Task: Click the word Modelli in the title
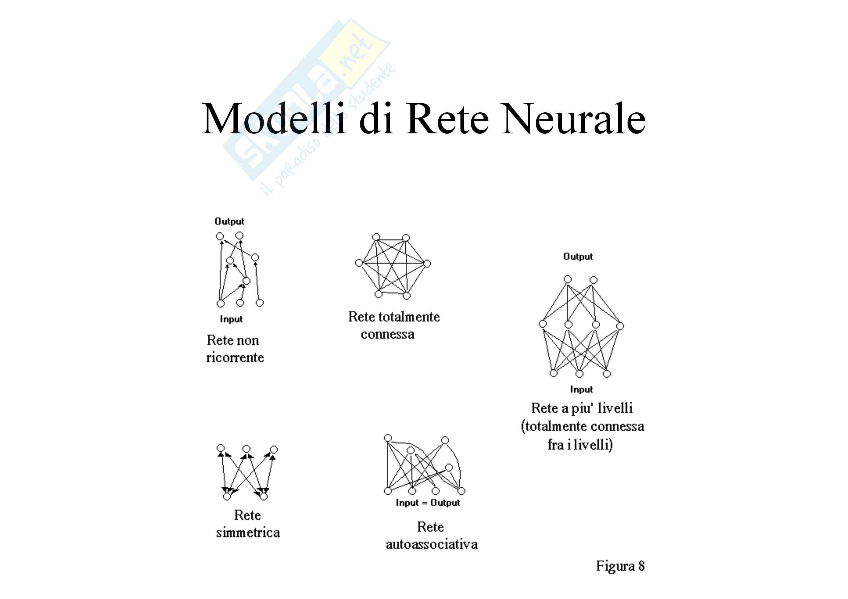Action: click(274, 119)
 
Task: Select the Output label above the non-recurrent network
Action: click(229, 221)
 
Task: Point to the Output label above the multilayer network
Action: click(578, 257)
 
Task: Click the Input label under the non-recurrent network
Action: click(231, 319)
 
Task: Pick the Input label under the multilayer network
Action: click(581, 390)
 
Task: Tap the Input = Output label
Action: click(428, 503)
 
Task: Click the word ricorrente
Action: click(235, 357)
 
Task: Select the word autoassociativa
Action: click(431, 544)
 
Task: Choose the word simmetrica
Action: click(248, 533)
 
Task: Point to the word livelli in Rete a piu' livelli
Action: click(615, 408)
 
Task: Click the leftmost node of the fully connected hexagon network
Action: click(359, 263)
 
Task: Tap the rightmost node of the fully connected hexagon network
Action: click(427, 263)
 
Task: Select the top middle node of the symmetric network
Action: click(246, 449)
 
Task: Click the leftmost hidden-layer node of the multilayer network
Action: click(543, 324)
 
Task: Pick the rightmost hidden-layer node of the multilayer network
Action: click(620, 326)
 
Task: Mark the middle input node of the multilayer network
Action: click(579, 374)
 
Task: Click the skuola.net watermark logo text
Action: click(307, 100)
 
